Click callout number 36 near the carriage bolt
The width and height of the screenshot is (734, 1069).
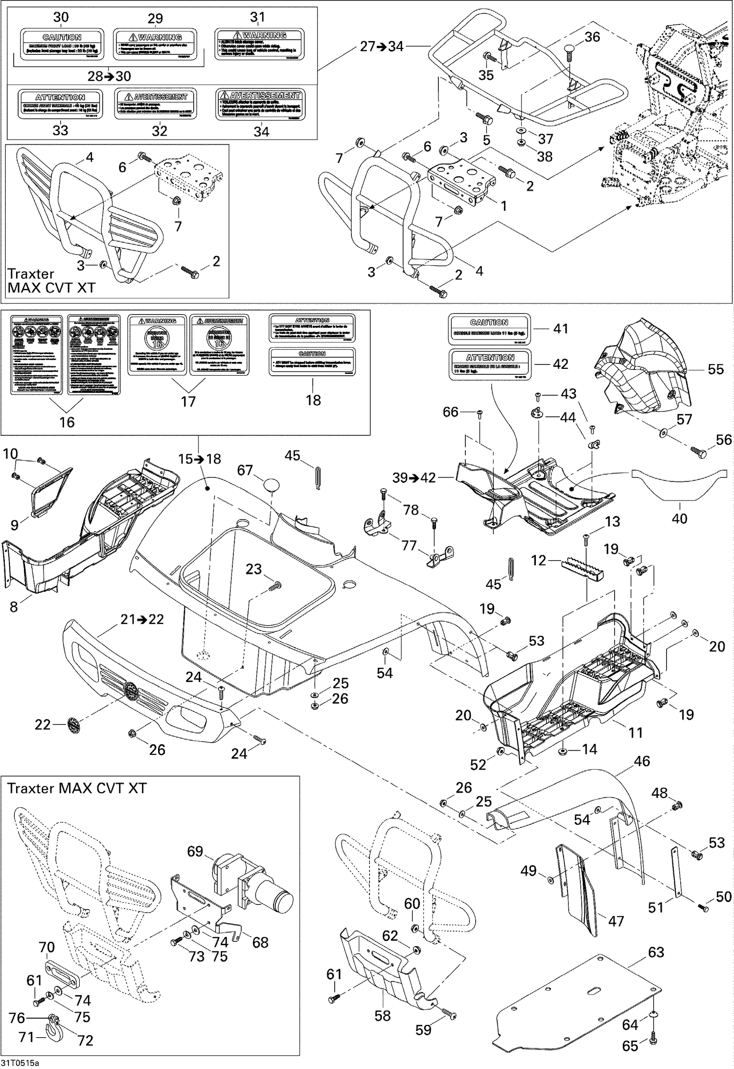point(592,37)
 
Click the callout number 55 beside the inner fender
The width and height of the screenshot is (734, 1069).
point(715,369)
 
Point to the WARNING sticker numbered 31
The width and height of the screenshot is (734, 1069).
point(258,44)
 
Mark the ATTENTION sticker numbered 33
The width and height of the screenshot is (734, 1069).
point(60,104)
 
